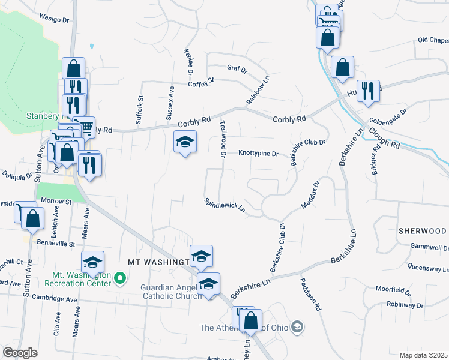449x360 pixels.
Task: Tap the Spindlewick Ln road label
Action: click(x=225, y=206)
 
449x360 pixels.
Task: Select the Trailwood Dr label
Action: click(x=222, y=140)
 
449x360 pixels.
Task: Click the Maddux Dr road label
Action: click(x=310, y=194)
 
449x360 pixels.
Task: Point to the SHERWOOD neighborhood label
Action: click(x=422, y=231)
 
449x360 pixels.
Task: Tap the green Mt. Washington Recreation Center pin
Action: click(x=120, y=278)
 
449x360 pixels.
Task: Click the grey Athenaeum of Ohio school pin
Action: click(x=296, y=327)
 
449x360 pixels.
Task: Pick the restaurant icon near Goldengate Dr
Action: click(x=368, y=91)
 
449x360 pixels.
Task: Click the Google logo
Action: click(x=20, y=353)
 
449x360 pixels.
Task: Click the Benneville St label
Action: click(x=55, y=244)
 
